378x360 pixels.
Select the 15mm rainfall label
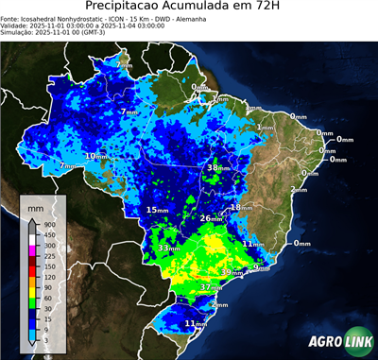[157, 209]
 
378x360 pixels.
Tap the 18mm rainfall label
[240, 207]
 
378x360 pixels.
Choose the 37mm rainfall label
[211, 286]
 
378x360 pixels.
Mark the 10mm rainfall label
[96, 156]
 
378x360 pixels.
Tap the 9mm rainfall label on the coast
[262, 268]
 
